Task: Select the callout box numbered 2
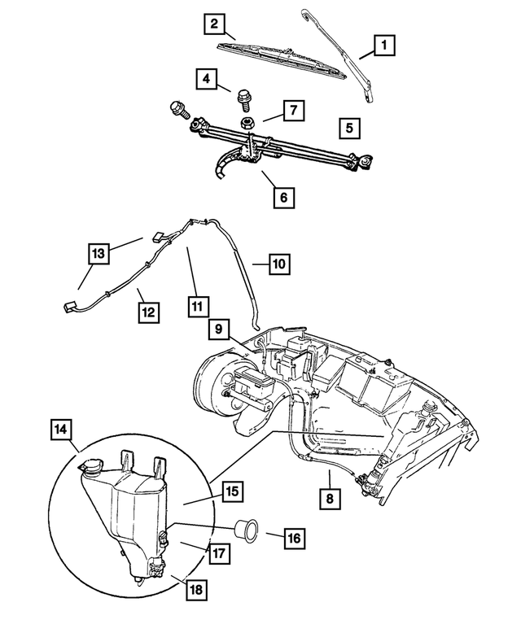click(x=213, y=25)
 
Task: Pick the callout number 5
click(x=348, y=128)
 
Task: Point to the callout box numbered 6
click(x=283, y=197)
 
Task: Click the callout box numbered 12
click(x=149, y=311)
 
